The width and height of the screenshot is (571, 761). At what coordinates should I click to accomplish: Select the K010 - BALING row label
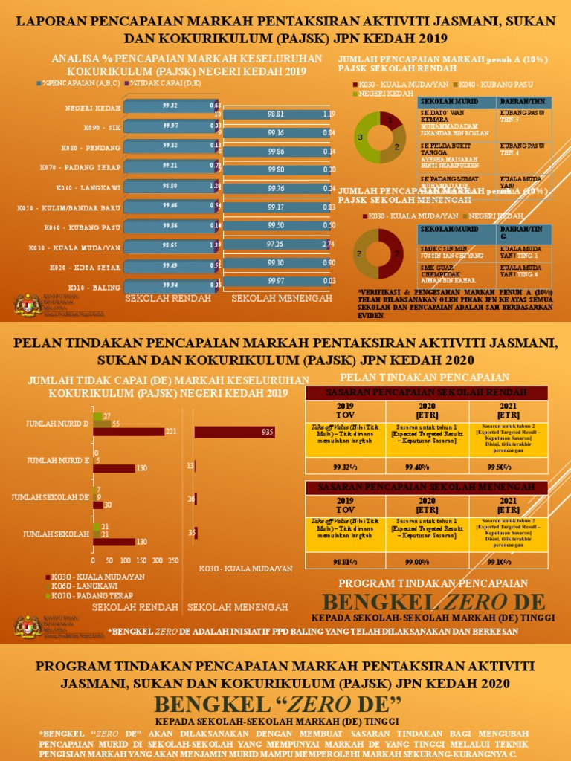[98, 287]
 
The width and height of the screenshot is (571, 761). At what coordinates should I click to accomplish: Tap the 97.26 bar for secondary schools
[275, 244]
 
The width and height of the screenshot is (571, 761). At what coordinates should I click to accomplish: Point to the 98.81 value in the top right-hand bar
[275, 114]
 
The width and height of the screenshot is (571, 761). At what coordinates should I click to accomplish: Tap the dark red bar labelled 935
[235, 432]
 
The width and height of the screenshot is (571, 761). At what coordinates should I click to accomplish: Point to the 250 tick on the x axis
[173, 560]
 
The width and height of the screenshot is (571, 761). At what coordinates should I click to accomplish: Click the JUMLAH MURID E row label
[58, 461]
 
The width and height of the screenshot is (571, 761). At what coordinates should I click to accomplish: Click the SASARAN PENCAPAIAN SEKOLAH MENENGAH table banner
[426, 488]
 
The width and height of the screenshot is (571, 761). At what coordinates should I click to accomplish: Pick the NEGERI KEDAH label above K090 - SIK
[93, 106]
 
